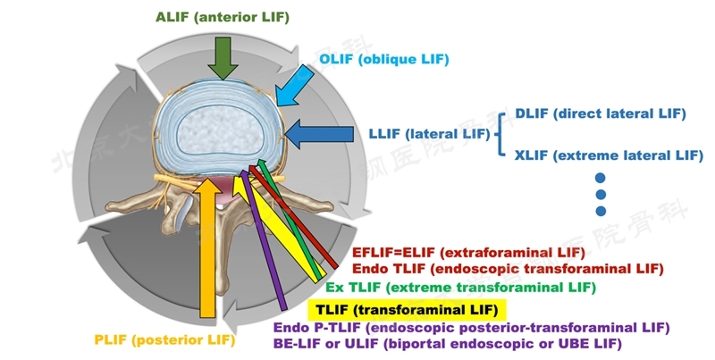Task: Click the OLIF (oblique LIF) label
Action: tap(384, 59)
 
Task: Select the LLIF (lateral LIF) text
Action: tap(428, 135)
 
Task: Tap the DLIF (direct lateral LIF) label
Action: tap(600, 113)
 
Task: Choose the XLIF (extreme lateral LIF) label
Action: tap(609, 155)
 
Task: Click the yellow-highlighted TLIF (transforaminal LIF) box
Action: tap(408, 309)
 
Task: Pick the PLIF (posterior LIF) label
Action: tap(164, 340)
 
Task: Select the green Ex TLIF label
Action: tap(459, 287)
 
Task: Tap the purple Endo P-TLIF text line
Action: tap(471, 328)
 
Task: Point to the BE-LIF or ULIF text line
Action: tap(447, 343)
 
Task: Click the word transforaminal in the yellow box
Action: tap(420, 309)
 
